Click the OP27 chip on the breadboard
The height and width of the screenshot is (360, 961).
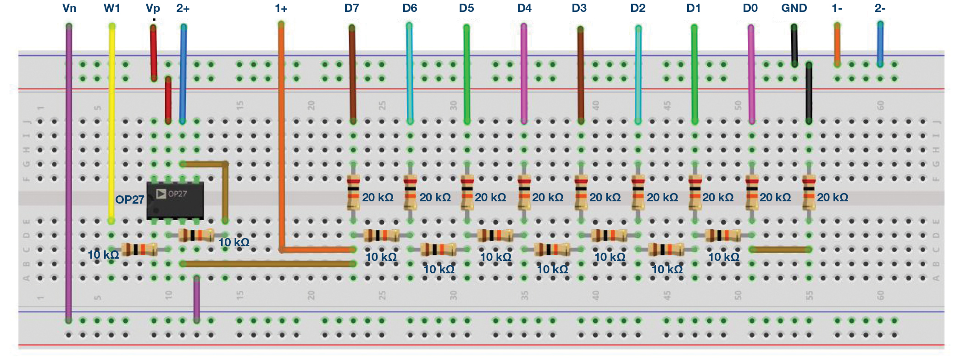click(175, 200)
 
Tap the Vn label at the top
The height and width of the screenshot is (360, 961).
click(69, 8)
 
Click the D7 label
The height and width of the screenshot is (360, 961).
click(351, 8)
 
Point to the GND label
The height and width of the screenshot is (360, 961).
click(794, 8)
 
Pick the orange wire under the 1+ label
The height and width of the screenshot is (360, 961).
click(281, 138)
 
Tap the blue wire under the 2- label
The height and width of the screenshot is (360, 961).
click(880, 44)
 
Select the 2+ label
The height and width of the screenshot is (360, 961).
click(183, 8)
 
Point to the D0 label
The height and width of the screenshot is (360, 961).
click(750, 8)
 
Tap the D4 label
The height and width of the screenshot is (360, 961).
click(524, 8)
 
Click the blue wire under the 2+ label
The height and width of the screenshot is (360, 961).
click(183, 73)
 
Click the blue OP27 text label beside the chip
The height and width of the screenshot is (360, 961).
click(129, 199)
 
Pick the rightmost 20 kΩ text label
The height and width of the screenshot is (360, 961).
click(832, 198)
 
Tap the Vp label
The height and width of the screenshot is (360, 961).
click(153, 8)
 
